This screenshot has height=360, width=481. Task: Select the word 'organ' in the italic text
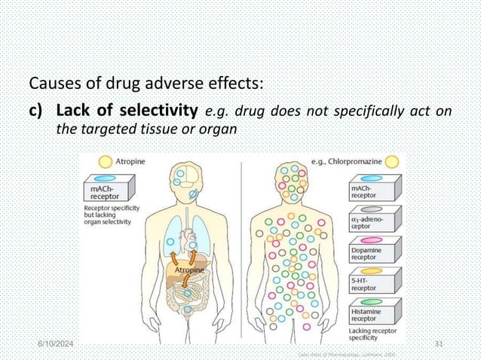click(219, 129)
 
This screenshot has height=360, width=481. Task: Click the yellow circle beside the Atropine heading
click(106, 160)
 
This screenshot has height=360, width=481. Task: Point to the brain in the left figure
click(183, 179)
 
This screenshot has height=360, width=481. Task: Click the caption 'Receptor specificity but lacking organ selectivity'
click(109, 217)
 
